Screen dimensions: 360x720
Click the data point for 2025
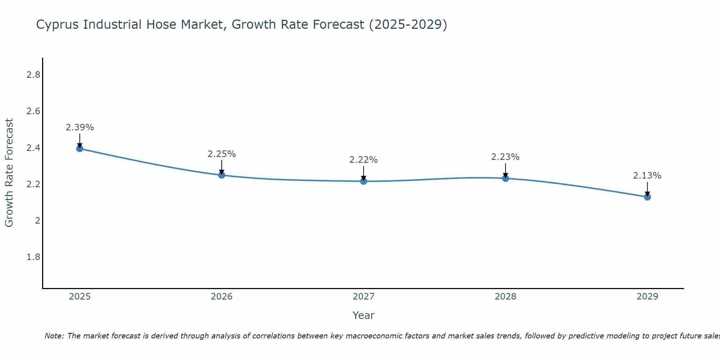tap(80, 149)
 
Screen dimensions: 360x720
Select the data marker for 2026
tap(222, 175)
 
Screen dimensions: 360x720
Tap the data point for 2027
tap(364, 181)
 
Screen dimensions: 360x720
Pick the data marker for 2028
tap(505, 178)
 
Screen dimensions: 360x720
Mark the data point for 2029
tap(647, 197)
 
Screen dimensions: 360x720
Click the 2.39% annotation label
tap(80, 127)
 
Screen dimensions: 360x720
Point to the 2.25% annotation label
tap(222, 154)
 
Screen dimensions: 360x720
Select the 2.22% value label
tap(364, 160)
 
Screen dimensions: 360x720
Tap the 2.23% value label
tap(505, 157)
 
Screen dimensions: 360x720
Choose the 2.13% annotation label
tap(647, 176)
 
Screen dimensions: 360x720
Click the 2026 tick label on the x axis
tap(222, 297)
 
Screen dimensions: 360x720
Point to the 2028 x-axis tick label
tap(505, 297)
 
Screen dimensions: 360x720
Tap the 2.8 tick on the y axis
tap(33, 75)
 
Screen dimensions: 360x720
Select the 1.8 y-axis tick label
tap(33, 257)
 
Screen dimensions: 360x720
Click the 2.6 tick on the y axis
tap(33, 111)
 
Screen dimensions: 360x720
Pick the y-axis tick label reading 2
tap(37, 221)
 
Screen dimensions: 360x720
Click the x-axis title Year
tap(364, 315)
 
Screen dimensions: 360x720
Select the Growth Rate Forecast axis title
tap(9, 173)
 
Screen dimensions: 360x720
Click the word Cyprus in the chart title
tap(58, 25)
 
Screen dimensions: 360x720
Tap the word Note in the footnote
tap(54, 336)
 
